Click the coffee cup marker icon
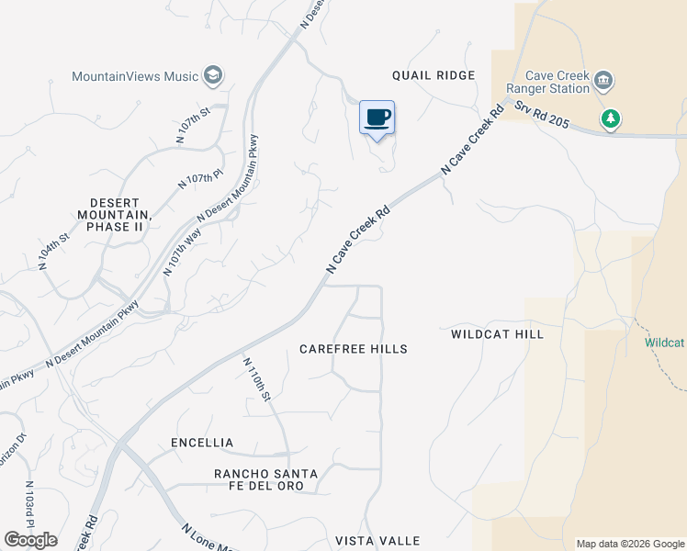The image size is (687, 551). [377, 118]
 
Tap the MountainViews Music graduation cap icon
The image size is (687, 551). [213, 75]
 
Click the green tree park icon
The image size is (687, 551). [610, 118]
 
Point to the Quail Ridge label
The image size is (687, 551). [434, 75]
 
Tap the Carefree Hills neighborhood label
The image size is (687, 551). [354, 349]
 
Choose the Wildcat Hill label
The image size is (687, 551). [497, 334]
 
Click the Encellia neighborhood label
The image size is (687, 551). [202, 443]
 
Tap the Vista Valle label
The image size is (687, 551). [377, 541]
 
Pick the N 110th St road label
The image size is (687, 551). [256, 379]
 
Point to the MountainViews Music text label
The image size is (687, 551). [136, 75]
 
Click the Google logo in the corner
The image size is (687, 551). [30, 540]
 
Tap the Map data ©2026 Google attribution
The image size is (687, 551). [630, 544]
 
